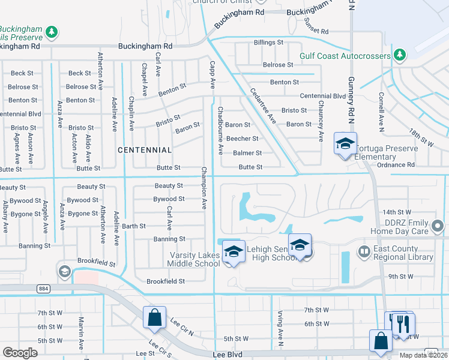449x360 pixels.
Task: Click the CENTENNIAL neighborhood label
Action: (145, 149)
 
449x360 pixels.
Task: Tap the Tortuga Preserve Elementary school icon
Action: (345, 144)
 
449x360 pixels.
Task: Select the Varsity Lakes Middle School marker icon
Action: (234, 252)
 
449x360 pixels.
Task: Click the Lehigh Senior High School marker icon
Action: (300, 245)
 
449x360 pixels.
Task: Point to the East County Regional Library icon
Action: (363, 250)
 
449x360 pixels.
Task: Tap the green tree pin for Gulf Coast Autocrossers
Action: (400, 56)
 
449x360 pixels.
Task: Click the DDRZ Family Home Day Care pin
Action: (438, 226)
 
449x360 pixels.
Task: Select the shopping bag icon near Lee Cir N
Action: (154, 317)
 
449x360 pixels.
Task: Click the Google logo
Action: (20, 353)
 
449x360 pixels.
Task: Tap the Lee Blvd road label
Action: (227, 355)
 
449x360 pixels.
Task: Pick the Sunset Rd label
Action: (316, 26)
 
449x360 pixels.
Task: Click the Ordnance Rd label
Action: (394, 165)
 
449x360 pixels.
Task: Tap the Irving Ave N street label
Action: (280, 324)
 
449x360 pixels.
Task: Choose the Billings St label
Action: (268, 43)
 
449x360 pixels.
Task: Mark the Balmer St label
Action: (247, 153)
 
